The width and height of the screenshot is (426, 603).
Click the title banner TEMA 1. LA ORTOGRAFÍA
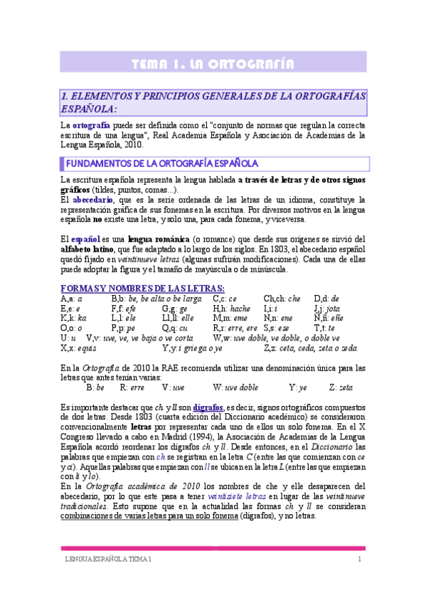pos(213,65)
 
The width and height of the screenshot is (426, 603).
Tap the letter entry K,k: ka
pos(73,319)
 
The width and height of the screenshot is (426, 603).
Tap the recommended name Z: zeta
pos(341,388)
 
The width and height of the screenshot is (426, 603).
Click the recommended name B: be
pos(95,388)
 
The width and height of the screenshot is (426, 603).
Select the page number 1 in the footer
pos(360,561)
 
